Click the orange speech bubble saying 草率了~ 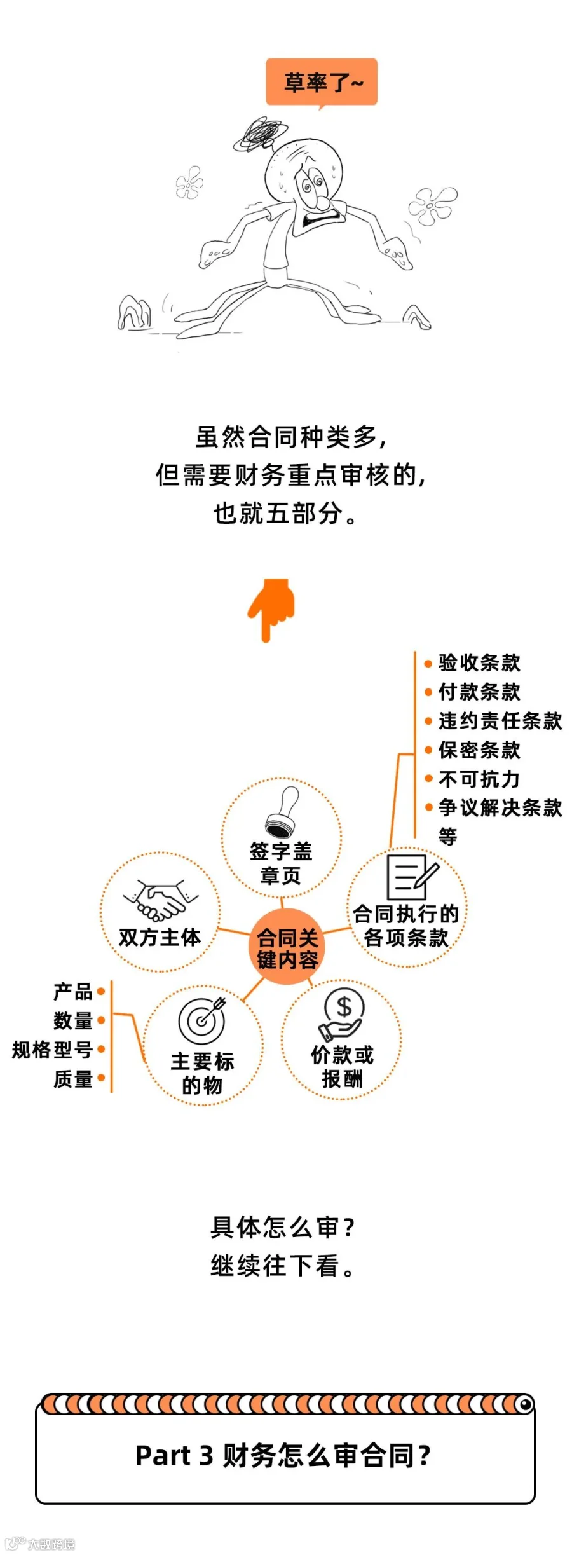pyautogui.click(x=322, y=82)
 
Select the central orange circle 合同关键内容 pyautogui.click(x=287, y=948)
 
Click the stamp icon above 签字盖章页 pyautogui.click(x=282, y=812)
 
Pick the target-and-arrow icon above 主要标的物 pyautogui.click(x=203, y=1020)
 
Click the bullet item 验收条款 pyautogui.click(x=479, y=662)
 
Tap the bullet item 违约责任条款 pyautogui.click(x=500, y=721)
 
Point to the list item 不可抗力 pyautogui.click(x=479, y=779)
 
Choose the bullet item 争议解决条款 pyautogui.click(x=500, y=808)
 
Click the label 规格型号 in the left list pyautogui.click(x=52, y=1050)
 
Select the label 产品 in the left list pyautogui.click(x=73, y=991)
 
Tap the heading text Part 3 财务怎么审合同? pyautogui.click(x=283, y=1455)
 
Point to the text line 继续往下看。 pyautogui.click(x=283, y=1266)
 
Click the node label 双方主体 pyautogui.click(x=160, y=937)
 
